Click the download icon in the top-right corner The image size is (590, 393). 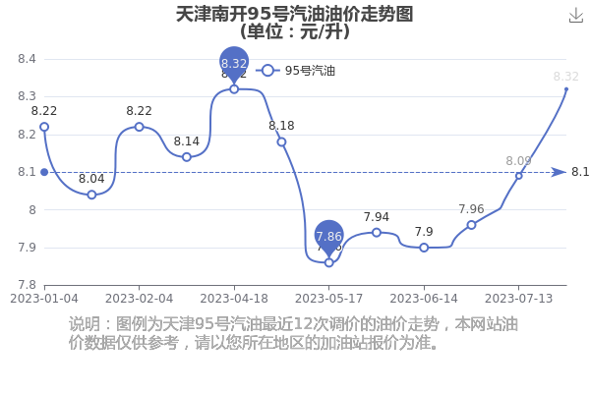point(575,16)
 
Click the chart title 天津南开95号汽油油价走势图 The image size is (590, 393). point(295,15)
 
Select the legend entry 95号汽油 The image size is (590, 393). point(295,71)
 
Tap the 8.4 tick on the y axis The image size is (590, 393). point(27,59)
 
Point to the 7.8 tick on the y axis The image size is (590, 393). point(27,285)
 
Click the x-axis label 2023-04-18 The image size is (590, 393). point(234,299)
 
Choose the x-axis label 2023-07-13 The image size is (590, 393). point(518,299)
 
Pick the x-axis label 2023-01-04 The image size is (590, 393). point(44,299)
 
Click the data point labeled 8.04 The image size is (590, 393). point(91,195)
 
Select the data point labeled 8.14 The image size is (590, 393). point(187,157)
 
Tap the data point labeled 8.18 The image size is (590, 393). point(281,142)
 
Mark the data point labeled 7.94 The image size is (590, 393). point(377,233)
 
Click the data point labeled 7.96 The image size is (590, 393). point(471,225)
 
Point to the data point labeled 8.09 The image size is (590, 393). point(519,176)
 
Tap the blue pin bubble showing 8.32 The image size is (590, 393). point(234,63)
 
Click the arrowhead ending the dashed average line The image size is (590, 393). point(559,172)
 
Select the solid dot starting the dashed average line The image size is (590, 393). point(44,172)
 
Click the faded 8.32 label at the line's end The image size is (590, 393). point(566,77)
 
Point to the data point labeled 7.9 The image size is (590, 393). point(424,248)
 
